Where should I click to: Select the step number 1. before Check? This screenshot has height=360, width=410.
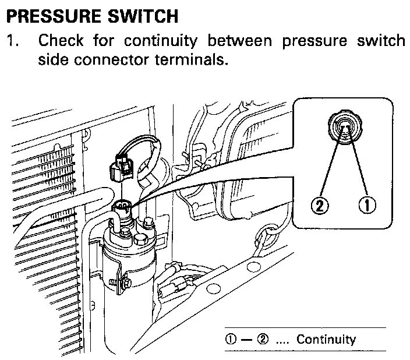click(x=12, y=42)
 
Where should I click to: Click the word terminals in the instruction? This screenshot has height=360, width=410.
click(x=193, y=59)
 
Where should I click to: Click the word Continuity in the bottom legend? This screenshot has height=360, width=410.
click(x=326, y=339)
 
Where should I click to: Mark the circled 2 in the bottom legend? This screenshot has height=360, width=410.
click(x=260, y=340)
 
